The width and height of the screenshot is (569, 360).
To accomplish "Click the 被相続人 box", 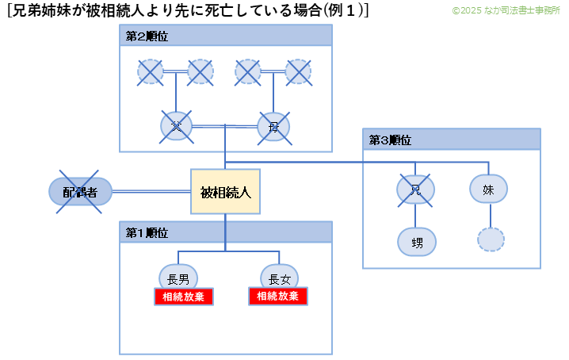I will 225,192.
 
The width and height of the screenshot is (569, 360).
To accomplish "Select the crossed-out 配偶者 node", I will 80,191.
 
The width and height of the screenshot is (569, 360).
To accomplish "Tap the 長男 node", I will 178,278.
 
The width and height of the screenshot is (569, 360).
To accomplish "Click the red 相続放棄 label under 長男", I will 184,297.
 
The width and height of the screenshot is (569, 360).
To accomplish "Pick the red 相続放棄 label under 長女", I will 278,297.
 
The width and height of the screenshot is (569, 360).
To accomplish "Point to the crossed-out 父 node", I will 176,125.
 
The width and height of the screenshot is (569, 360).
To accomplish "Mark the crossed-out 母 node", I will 273,126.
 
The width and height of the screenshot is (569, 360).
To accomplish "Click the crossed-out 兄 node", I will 415,189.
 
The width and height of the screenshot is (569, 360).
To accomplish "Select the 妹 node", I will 489,189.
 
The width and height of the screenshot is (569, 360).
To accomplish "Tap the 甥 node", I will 416,241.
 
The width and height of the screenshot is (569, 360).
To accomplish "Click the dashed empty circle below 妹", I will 490,239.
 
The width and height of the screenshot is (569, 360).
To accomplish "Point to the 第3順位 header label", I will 390,140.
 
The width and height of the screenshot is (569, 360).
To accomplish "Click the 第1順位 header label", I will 147,232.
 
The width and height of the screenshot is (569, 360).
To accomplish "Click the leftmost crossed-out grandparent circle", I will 151,72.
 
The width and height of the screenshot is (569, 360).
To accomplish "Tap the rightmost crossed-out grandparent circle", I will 298,72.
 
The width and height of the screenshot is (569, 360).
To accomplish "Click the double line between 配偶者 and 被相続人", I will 151,191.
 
